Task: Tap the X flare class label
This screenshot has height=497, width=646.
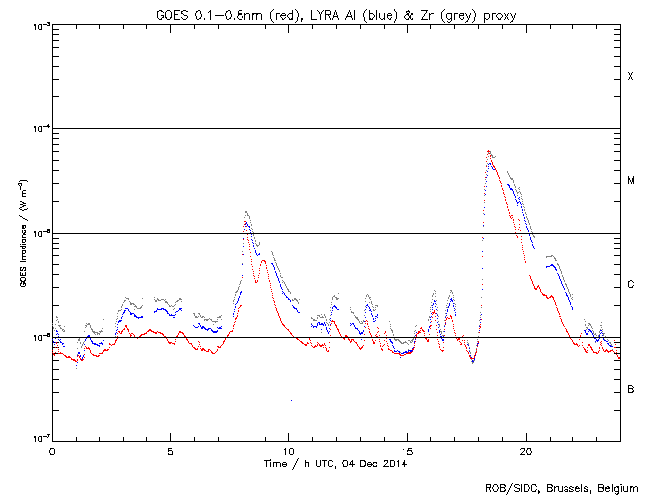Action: tap(630, 77)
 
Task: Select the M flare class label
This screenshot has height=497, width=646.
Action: tap(630, 181)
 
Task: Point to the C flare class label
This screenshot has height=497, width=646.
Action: tap(630, 285)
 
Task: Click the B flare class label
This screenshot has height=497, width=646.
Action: tap(630, 389)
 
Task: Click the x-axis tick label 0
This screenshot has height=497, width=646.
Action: tap(52, 451)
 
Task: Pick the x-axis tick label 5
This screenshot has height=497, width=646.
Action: tap(170, 451)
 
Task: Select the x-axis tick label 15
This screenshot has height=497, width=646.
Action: tap(406, 451)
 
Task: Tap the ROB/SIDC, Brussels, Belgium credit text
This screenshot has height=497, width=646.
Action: tap(564, 487)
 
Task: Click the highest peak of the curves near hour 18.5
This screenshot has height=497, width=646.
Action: tap(488, 151)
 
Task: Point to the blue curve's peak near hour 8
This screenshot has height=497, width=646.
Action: tap(245, 222)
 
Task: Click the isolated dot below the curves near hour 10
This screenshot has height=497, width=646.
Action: tap(291, 400)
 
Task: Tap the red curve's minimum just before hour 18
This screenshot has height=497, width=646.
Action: tap(473, 362)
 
